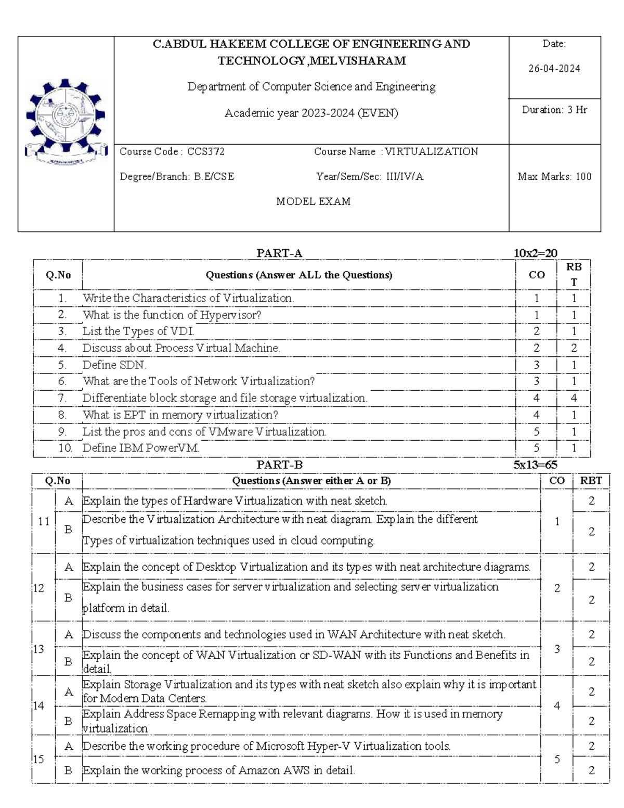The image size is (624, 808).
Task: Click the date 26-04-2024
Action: point(554,69)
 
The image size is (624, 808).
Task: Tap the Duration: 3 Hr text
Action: point(554,110)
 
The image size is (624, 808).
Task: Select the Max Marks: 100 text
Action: point(554,176)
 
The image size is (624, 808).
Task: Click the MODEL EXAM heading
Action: point(313,201)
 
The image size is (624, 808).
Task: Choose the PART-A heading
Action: point(279,253)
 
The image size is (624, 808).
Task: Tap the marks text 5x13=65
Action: point(535,465)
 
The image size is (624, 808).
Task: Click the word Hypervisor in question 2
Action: point(230,315)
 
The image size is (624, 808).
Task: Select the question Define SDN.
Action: point(114,365)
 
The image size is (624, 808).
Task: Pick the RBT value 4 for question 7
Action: point(574,398)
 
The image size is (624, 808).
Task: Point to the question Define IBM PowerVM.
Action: point(141,448)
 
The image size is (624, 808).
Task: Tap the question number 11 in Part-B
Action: point(44,521)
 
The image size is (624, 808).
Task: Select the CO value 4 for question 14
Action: point(557,706)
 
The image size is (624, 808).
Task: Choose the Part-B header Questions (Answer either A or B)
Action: point(311,481)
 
